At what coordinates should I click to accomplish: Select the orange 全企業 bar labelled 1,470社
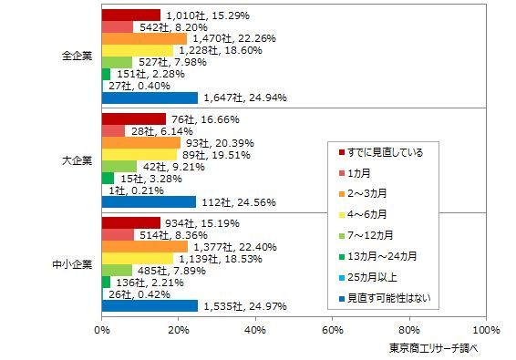point(144,38)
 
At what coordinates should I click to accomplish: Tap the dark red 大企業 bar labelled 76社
point(133,118)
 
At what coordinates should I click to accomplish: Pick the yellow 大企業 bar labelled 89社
point(139,154)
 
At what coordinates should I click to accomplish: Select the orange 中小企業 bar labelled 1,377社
point(144,246)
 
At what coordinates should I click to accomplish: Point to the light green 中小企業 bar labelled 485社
point(117,270)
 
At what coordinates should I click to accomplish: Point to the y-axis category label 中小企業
point(72,264)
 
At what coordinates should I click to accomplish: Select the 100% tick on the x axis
point(486,329)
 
